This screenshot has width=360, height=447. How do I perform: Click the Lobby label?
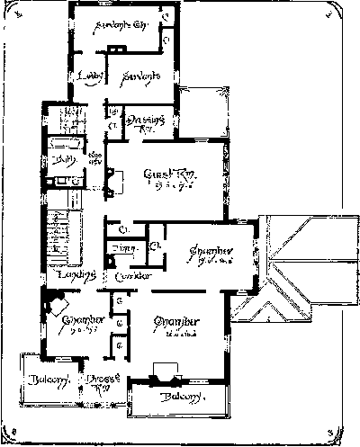[91, 76]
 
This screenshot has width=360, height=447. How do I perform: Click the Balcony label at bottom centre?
[176, 397]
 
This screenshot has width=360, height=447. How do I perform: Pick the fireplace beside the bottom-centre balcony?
[162, 369]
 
